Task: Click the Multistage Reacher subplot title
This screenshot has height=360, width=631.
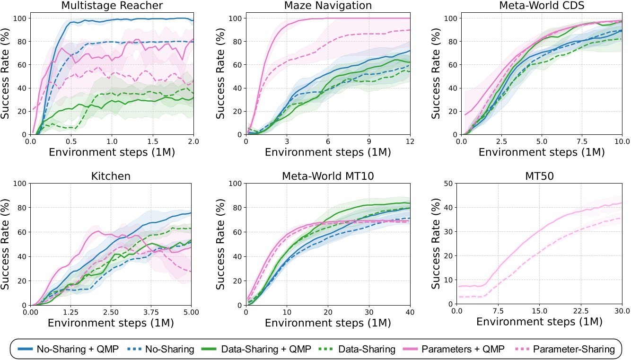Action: tap(112, 6)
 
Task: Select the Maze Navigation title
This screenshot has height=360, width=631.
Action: tap(327, 6)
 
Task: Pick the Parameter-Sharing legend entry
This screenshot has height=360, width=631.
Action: tap(574, 349)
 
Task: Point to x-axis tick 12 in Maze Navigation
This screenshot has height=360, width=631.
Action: tap(410, 141)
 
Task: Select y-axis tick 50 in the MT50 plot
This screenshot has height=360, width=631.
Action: tap(447, 184)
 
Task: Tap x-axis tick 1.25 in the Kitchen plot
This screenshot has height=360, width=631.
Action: tap(70, 312)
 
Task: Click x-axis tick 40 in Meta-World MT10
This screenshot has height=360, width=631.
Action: tap(410, 312)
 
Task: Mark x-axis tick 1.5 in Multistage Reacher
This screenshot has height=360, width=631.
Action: tap(153, 141)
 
